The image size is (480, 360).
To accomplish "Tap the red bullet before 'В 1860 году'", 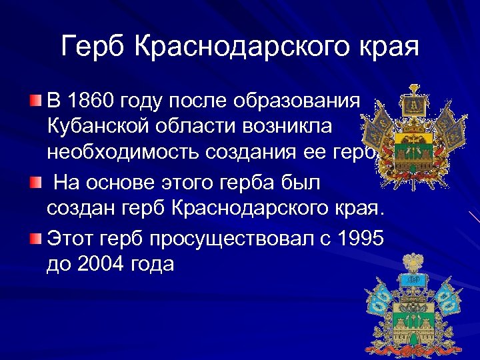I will click(35, 101).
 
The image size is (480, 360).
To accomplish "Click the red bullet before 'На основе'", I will click(35, 182).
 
